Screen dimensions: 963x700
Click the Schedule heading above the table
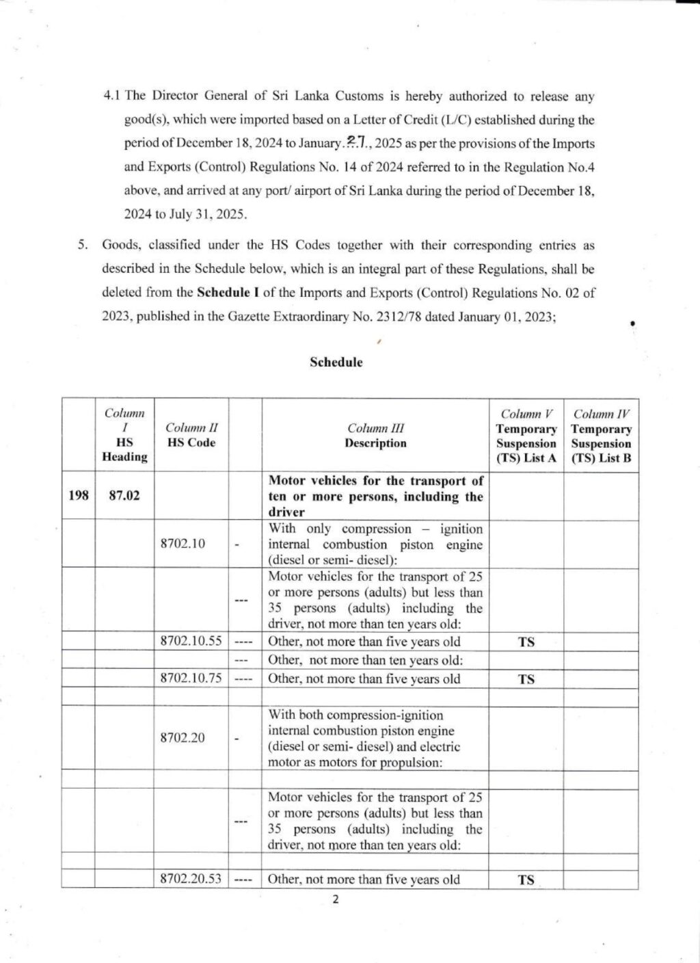336,362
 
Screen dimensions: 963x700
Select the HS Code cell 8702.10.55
191,642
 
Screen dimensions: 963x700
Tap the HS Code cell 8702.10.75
191,678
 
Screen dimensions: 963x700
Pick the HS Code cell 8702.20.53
191,879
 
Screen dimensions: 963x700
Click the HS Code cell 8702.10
182,544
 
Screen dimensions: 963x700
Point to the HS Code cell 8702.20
182,738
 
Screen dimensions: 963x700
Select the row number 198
79,496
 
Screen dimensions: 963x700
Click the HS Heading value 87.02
124,496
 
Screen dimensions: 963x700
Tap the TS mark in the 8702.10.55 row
526,642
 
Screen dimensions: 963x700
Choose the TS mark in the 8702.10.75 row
526,679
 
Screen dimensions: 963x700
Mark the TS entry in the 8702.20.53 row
526,880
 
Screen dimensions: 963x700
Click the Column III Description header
375,436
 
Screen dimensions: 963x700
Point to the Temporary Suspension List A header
526,436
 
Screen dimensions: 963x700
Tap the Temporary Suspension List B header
602,436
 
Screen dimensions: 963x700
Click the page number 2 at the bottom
335,899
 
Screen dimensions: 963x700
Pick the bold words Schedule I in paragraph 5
228,293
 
